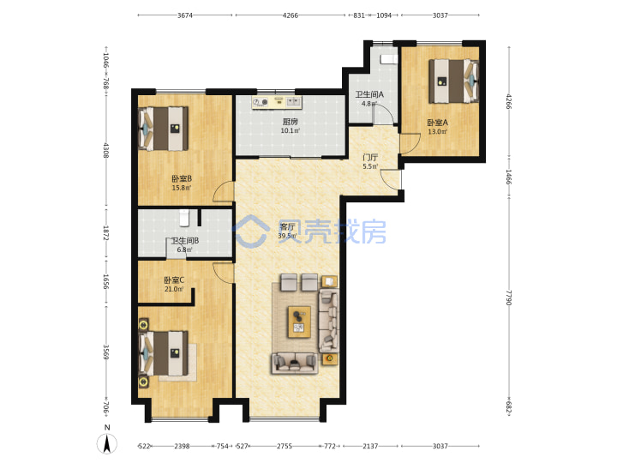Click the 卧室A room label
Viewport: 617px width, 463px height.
pyautogui.click(x=438, y=123)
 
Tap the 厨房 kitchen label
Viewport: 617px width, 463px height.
pyautogui.click(x=290, y=122)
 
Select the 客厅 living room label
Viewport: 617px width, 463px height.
pyautogui.click(x=287, y=226)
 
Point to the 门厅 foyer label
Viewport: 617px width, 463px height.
pyautogui.click(x=370, y=158)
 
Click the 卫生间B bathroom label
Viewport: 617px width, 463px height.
pyautogui.click(x=184, y=241)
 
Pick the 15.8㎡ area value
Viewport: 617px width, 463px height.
pyautogui.click(x=182, y=188)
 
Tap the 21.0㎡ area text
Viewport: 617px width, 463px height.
pyautogui.click(x=174, y=290)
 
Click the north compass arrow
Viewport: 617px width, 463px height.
pyautogui.click(x=106, y=444)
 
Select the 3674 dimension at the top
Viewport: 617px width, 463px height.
pyautogui.click(x=185, y=15)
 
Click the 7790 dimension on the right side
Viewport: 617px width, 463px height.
pyautogui.click(x=508, y=298)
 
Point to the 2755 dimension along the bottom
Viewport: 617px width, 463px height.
pyautogui.click(x=285, y=446)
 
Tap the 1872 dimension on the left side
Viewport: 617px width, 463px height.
pyautogui.click(x=106, y=232)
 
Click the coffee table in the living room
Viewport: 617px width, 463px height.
pyautogui.click(x=299, y=322)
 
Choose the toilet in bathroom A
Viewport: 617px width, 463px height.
pyautogui.click(x=388, y=59)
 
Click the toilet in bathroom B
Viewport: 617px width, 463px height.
pyautogui.click(x=184, y=218)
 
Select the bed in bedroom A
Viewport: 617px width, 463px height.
pyautogui.click(x=453, y=81)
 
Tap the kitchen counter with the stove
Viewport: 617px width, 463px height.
pyautogui.click(x=277, y=102)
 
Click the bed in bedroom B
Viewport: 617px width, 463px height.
pyautogui.click(x=164, y=129)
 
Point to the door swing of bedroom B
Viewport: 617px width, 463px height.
pyautogui.click(x=223, y=192)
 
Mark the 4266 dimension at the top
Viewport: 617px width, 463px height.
pyautogui.click(x=291, y=15)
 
